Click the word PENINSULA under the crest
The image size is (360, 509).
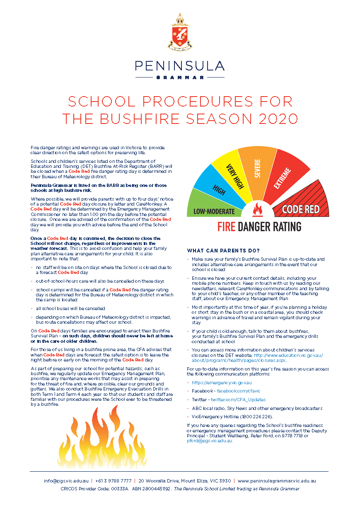pos(179,66)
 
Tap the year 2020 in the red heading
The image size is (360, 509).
pos(278,119)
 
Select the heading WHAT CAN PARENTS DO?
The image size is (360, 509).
pos(223,250)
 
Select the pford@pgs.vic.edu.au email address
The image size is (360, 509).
pos(209,441)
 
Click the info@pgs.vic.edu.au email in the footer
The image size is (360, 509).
pos(66,481)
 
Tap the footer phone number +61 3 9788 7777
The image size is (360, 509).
pos(114,481)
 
